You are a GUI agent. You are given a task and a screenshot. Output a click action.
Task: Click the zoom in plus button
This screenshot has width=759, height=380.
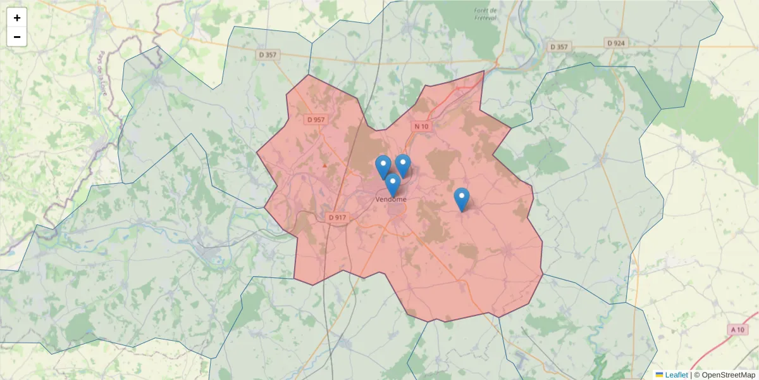click(17, 18)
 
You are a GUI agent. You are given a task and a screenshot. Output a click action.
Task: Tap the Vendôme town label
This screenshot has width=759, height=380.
click(391, 199)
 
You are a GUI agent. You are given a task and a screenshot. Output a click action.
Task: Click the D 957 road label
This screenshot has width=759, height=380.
click(315, 119)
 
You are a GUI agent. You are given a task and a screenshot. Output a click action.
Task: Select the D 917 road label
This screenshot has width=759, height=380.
click(338, 217)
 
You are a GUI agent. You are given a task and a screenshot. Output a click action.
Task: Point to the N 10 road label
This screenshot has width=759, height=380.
click(421, 126)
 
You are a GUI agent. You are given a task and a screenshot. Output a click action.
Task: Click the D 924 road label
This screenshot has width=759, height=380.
click(615, 43)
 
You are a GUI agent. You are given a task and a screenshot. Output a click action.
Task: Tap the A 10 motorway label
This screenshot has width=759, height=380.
click(737, 329)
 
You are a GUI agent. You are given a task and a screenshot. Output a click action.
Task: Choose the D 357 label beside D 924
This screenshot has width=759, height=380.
click(559, 47)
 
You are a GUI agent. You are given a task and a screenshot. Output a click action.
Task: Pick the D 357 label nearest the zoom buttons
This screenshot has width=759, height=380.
click(268, 54)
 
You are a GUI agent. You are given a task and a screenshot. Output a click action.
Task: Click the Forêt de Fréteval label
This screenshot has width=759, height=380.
click(486, 14)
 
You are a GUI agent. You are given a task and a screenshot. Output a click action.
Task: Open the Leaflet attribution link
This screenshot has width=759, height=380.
click(676, 375)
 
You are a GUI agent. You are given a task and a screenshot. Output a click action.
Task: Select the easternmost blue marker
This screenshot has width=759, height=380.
click(462, 199)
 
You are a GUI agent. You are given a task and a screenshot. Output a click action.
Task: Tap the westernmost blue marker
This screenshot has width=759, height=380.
click(383, 167)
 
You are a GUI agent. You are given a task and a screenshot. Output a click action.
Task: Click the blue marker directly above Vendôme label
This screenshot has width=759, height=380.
click(393, 185)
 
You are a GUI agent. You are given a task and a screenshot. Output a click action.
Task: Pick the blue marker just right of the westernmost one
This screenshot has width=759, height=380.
click(403, 165)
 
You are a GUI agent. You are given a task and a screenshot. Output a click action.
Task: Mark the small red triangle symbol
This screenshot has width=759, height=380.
click(324, 165)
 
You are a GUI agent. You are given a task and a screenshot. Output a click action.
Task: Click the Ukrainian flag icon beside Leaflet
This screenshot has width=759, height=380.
click(659, 375)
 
